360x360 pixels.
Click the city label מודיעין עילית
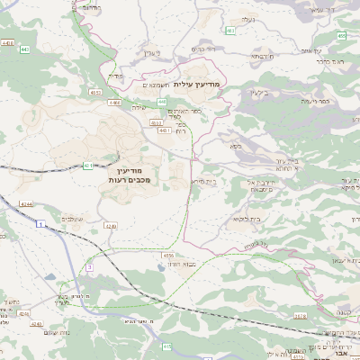tap(201, 83)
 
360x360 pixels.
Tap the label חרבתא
tap(262, 56)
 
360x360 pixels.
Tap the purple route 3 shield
tap(90, 267)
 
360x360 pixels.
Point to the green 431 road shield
tap(87, 166)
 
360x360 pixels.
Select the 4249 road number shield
tap(111, 225)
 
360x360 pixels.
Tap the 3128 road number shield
tap(300, 316)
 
